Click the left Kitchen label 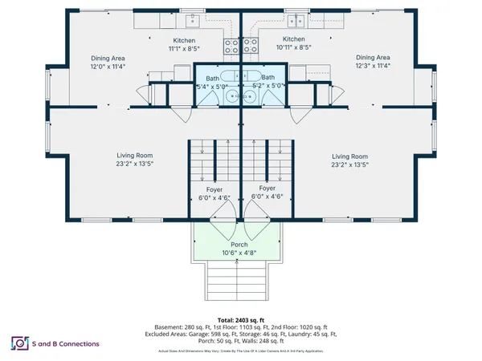pyautogui.click(x=185, y=40)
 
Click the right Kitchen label pyautogui.click(x=294, y=39)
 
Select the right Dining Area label pyautogui.click(x=373, y=58)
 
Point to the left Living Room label pyautogui.click(x=135, y=156)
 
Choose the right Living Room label pyautogui.click(x=349, y=156)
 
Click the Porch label pyautogui.click(x=239, y=244)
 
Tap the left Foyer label pyautogui.click(x=214, y=189)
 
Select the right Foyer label pyautogui.click(x=268, y=189)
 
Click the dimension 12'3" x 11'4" pyautogui.click(x=373, y=66)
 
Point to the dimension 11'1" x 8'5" pyautogui.click(x=185, y=48)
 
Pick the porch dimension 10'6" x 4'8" pyautogui.click(x=239, y=252)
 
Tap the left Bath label pyautogui.click(x=212, y=78)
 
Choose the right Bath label pyautogui.click(x=268, y=78)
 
